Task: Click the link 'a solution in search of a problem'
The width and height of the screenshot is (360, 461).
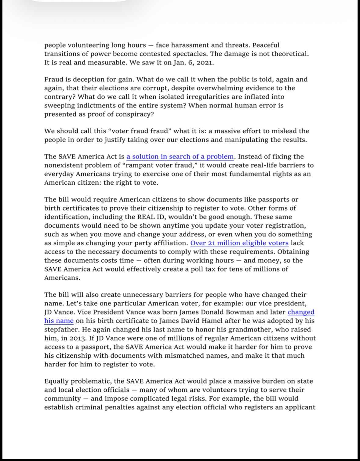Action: (x=180, y=157)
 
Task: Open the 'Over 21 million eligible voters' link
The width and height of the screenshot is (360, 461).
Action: (x=239, y=243)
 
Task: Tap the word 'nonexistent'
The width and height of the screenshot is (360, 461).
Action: (x=62, y=165)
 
